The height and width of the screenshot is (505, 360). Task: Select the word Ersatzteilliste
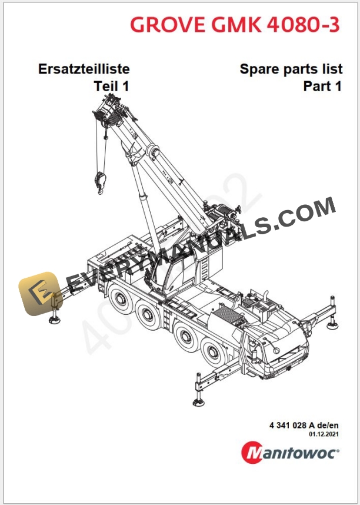[x=84, y=69]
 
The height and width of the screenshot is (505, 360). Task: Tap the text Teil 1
[x=111, y=86]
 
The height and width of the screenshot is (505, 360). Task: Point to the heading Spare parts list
[x=291, y=69]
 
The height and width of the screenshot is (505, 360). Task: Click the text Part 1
[x=322, y=86]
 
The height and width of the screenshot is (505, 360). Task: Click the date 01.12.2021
[x=325, y=434]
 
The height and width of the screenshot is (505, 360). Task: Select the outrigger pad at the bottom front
[x=199, y=401]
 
